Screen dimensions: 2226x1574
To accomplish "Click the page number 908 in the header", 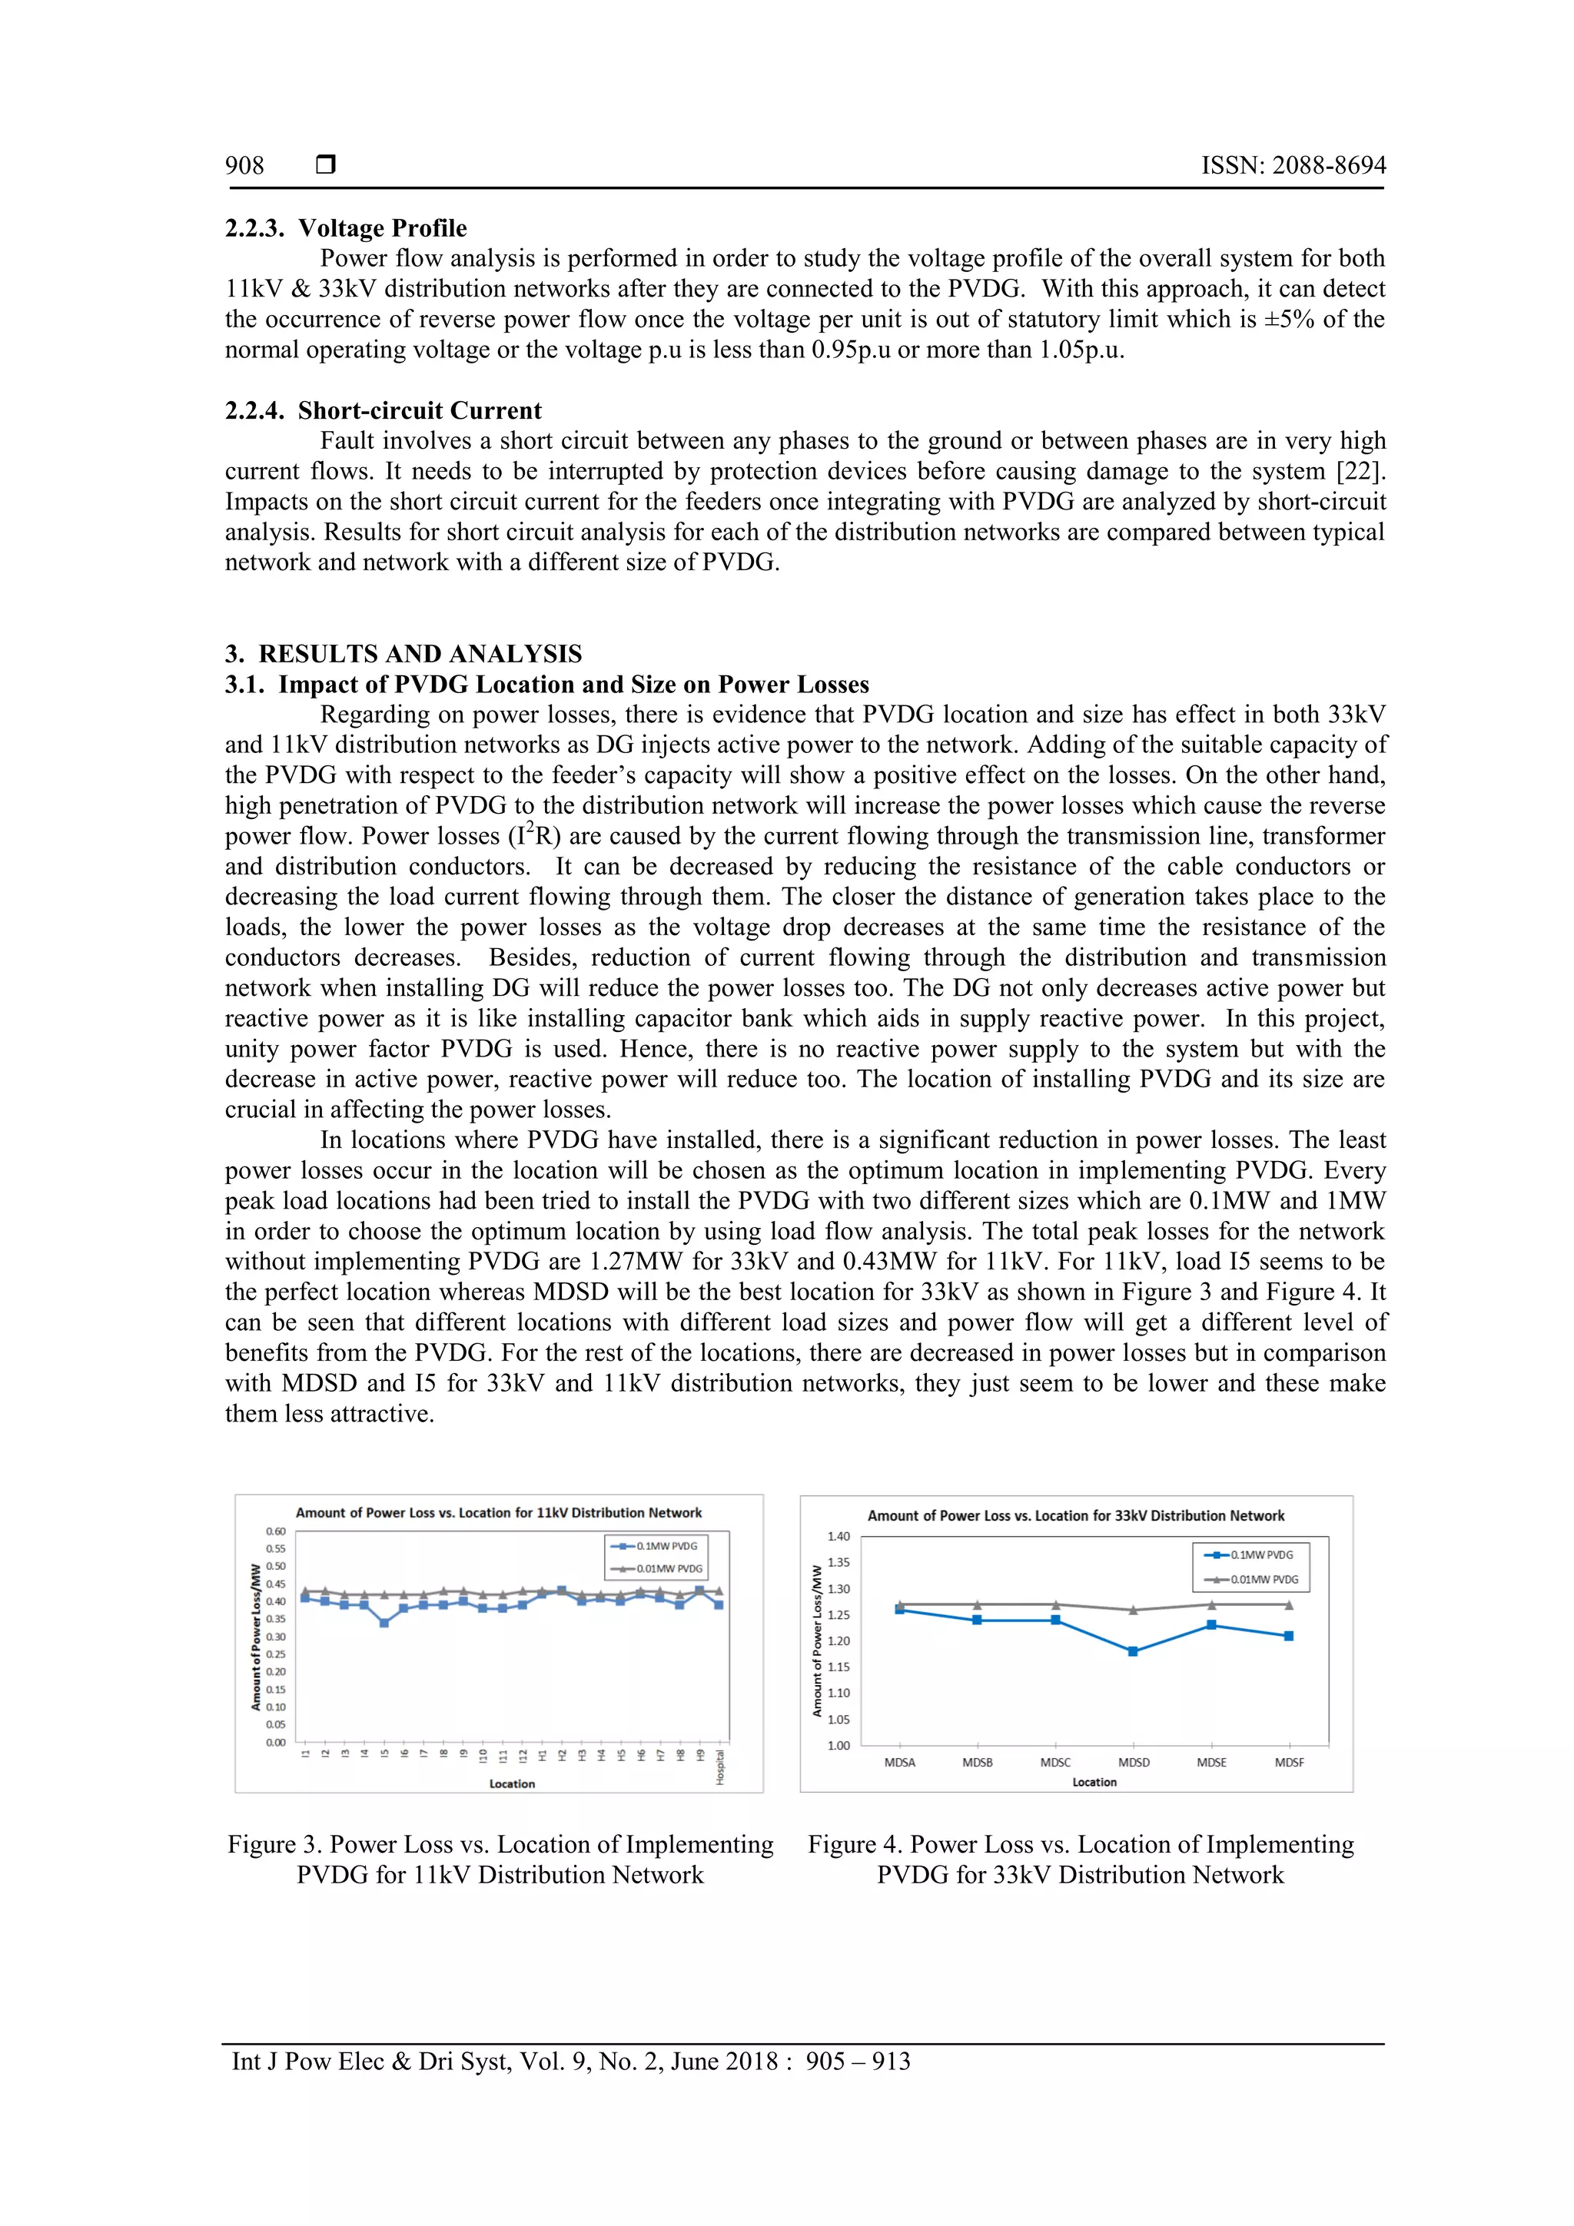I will [244, 166].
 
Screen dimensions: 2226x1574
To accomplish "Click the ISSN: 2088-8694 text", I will [1293, 166].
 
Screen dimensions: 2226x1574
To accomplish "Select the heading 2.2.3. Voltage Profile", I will [345, 228].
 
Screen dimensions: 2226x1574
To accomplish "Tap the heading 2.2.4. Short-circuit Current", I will [383, 410].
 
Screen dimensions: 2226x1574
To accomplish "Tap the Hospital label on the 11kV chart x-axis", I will [719, 1767].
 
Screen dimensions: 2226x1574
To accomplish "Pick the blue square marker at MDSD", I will [1133, 1651].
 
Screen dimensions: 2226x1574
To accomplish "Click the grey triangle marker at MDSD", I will [1133, 1610].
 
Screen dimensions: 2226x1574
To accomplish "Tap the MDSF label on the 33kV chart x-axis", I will [1289, 1763].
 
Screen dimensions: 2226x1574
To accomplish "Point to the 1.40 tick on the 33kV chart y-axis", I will [838, 1537].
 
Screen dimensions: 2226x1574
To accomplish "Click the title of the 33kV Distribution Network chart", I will [1074, 1515].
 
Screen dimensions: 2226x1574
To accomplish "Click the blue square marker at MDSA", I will [900, 1611].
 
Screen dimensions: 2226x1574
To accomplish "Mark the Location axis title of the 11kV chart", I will [511, 1784].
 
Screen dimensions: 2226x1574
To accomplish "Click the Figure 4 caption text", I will [1081, 1859].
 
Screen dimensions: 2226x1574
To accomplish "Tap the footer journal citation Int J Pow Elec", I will [570, 2062].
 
